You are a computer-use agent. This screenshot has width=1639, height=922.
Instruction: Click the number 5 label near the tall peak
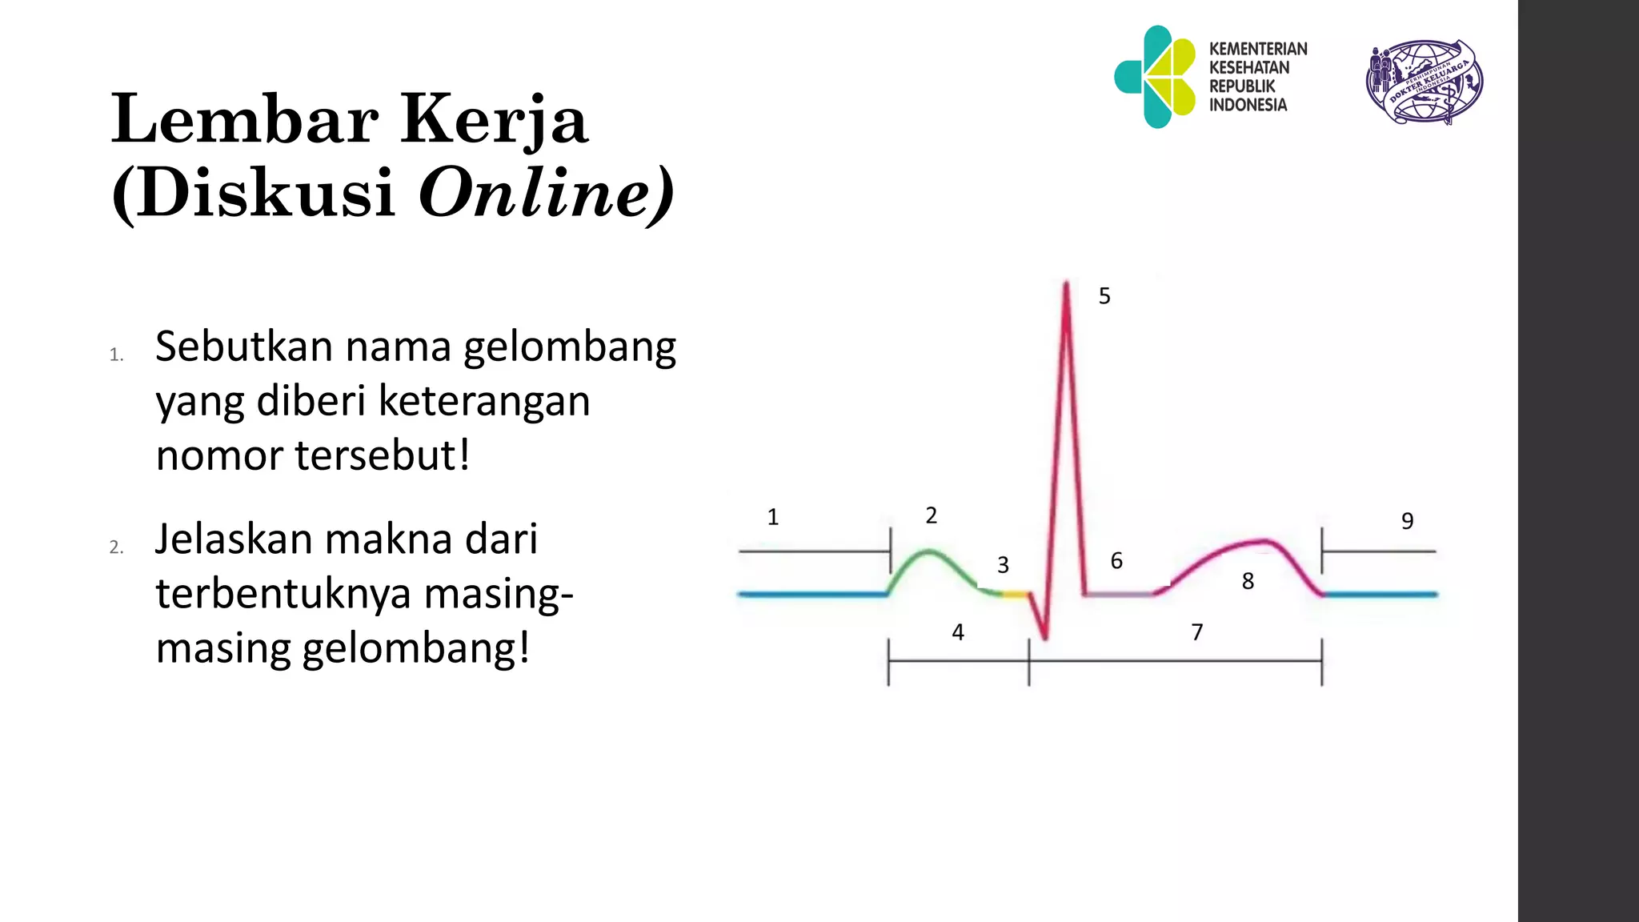(1104, 296)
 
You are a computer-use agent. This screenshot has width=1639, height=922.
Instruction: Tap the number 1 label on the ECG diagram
(772, 517)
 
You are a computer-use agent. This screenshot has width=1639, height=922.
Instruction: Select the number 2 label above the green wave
(931, 515)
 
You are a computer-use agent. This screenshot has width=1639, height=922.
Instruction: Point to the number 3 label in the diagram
(1003, 565)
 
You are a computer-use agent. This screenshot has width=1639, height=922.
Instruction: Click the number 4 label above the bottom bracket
(958, 632)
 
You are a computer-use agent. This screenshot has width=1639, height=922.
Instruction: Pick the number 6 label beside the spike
(1116, 560)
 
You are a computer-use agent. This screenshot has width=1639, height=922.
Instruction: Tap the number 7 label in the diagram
(1197, 632)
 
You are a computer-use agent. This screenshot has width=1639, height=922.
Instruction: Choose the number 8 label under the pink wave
(1248, 581)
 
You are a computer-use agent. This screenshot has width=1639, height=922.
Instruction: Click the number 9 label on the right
(1407, 521)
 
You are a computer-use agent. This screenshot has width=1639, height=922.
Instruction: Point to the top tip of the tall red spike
(1066, 283)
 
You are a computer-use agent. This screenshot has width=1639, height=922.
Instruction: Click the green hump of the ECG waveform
(928, 552)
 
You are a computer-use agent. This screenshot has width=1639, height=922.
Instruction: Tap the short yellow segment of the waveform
(1015, 594)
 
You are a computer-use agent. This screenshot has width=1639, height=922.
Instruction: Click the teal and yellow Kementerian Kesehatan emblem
(1155, 77)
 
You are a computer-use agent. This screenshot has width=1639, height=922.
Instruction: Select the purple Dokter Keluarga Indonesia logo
(1424, 82)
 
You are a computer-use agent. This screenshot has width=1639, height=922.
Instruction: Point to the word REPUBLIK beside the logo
(1242, 86)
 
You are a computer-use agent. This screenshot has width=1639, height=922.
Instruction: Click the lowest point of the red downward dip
(1044, 638)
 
